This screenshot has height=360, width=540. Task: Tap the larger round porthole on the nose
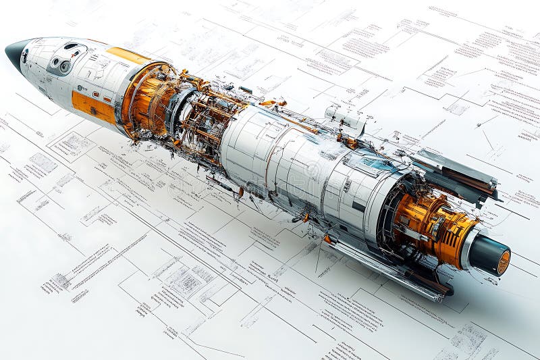(x=65, y=66)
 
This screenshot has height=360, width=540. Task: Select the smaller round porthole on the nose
(x=55, y=61)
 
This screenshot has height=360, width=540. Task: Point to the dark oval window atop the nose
(x=71, y=46)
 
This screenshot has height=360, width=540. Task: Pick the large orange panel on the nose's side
(x=93, y=107)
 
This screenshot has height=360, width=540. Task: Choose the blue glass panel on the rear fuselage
(x=378, y=162)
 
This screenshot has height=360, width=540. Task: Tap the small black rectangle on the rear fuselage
(x=358, y=206)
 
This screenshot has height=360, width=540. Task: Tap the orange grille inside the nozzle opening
(x=504, y=263)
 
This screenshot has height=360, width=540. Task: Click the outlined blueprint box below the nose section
(x=71, y=145)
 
